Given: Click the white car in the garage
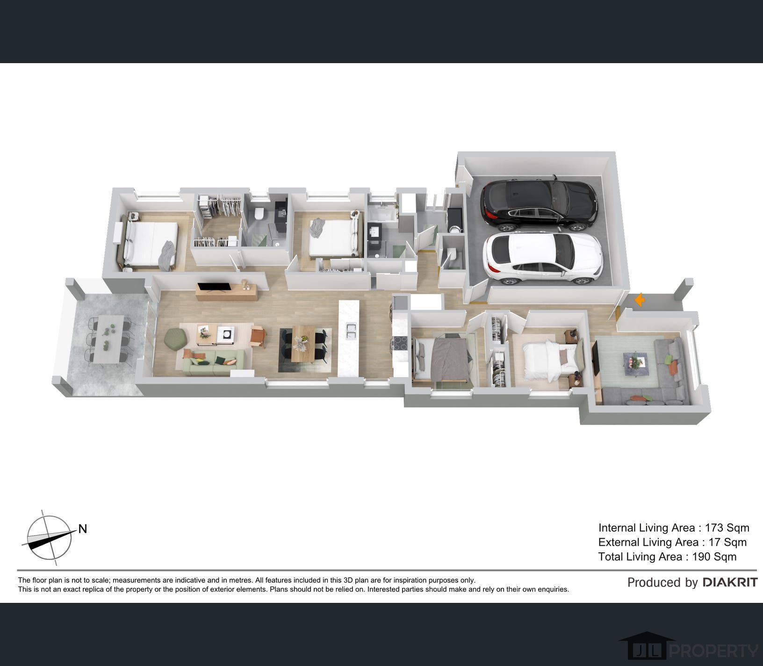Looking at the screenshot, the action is pyautogui.click(x=542, y=258).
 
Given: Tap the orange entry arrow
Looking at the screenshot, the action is pyautogui.click(x=639, y=300).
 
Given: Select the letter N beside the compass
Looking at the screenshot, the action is pyautogui.click(x=83, y=529).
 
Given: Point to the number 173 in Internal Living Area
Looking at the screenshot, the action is pyautogui.click(x=714, y=528).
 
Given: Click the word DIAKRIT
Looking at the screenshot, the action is pyautogui.click(x=730, y=582).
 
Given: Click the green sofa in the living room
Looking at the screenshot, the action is pyautogui.click(x=214, y=362).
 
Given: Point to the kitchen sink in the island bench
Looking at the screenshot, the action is pyautogui.click(x=349, y=331).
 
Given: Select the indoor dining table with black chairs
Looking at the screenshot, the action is pyautogui.click(x=303, y=344).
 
